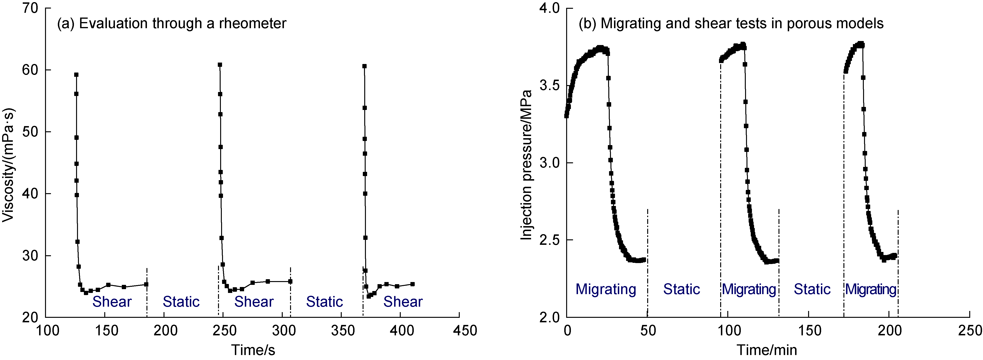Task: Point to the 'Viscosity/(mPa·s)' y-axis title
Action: pyautogui.click(x=8, y=165)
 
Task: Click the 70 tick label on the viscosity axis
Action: pyautogui.click(x=31, y=8)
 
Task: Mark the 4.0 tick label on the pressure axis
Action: pyautogui.click(x=550, y=8)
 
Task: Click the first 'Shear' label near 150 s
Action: pyautogui.click(x=112, y=302)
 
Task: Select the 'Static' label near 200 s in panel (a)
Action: pyautogui.click(x=181, y=302)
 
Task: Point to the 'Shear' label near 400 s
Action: pyautogui.click(x=403, y=302)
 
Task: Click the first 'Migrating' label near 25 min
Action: pyautogui.click(x=605, y=289)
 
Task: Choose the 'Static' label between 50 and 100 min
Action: pyautogui.click(x=682, y=289)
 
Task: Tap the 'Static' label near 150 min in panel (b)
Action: pyautogui.click(x=812, y=289)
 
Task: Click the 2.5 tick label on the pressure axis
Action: pyautogui.click(x=550, y=240)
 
